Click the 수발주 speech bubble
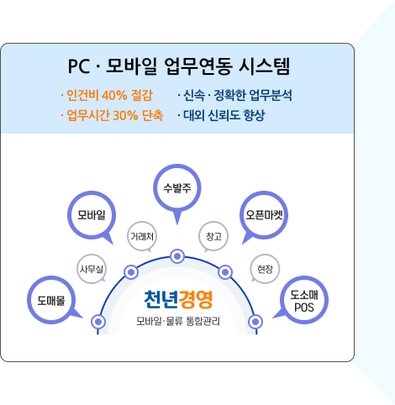point(177,188)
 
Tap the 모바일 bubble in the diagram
point(92,215)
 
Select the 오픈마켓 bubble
point(264,215)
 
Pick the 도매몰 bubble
point(51,300)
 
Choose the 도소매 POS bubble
point(304,300)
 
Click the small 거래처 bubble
point(142,236)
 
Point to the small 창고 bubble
point(213,236)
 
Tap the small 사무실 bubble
point(92,269)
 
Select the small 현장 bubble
point(265,269)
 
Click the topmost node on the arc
point(177,256)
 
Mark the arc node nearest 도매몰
point(98,322)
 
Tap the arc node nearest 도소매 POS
point(255,322)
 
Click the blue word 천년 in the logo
point(161,299)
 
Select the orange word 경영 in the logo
point(196,299)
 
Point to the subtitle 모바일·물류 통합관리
point(178,321)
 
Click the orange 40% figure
point(114,95)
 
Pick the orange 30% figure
point(125,115)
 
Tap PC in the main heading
point(79,66)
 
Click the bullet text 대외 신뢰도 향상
point(224,115)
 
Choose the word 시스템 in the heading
point(265,66)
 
